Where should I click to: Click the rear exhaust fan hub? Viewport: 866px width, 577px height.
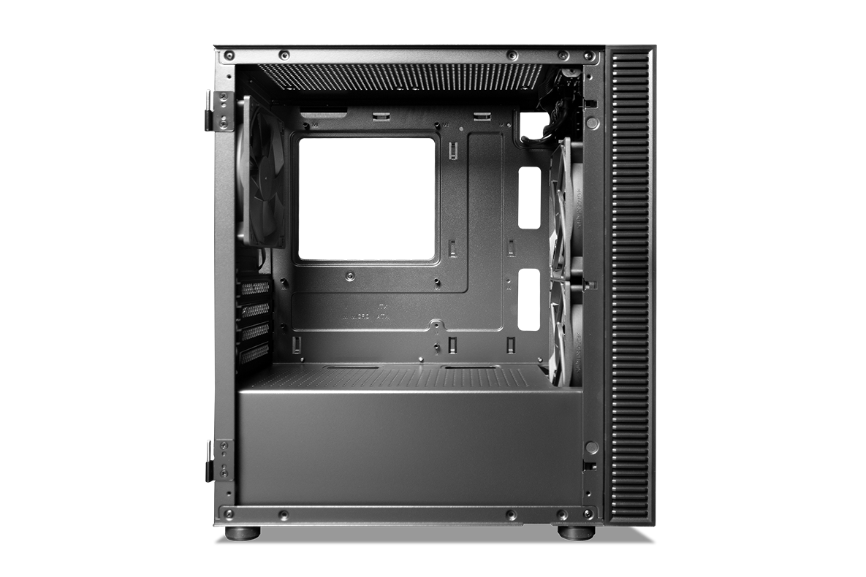coord(259,174)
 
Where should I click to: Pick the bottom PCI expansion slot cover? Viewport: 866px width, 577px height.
coord(255,354)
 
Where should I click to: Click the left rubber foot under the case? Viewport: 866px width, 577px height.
coord(242,532)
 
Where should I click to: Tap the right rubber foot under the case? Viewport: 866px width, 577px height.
coord(575,532)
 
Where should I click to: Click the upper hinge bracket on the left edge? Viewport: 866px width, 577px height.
coord(217,110)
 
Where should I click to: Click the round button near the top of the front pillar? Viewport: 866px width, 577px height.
coord(592,123)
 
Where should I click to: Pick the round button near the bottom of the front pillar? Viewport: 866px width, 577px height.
coord(592,446)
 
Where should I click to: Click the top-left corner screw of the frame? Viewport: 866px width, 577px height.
coord(229,56)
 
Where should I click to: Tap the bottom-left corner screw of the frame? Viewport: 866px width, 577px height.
coord(229,514)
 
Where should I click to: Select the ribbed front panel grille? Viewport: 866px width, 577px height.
coord(629,285)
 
